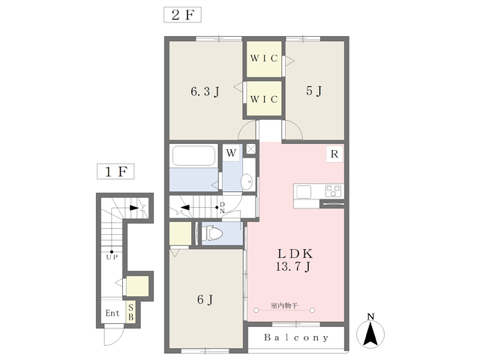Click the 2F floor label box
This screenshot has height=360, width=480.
tap(182, 15)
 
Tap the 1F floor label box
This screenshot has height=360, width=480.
tap(115, 172)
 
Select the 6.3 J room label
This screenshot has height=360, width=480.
tap(205, 91)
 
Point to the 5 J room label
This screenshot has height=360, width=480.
tap(314, 91)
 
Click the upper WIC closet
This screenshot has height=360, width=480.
tap(264, 59)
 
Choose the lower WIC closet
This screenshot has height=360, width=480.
tap(264, 98)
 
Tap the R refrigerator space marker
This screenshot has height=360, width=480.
tap(334, 154)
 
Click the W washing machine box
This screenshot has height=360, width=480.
tap(231, 153)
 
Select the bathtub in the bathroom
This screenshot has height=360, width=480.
tap(193, 156)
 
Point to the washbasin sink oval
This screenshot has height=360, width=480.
tap(247, 181)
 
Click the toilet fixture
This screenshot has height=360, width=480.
tap(211, 233)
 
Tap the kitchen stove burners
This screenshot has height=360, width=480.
tap(333, 190)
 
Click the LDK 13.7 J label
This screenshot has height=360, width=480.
tap(294, 260)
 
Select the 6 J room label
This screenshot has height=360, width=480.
tap(205, 300)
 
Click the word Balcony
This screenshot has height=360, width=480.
tap(296, 337)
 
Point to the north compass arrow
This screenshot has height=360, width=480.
tap(370, 332)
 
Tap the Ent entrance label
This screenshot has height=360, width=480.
tap(112, 313)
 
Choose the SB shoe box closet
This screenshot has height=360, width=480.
tap(131, 312)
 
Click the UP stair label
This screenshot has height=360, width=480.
tap(112, 257)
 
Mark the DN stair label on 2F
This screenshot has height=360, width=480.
tap(222, 208)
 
